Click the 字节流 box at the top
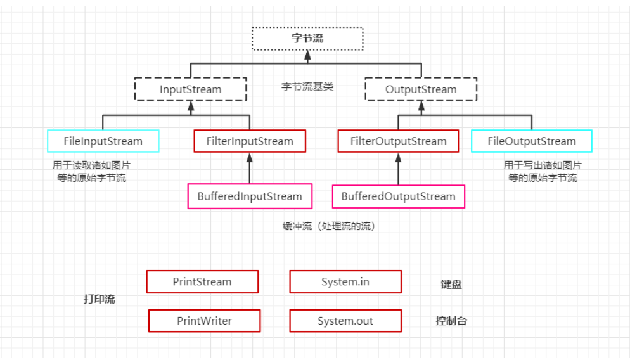point(307,38)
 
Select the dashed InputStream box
point(190,89)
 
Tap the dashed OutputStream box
point(421,89)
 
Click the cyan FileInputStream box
point(103,141)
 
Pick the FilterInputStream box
point(250,141)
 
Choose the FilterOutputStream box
point(398,141)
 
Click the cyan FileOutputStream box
point(532,141)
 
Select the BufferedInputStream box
point(250,196)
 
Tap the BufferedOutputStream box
point(398,196)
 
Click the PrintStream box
point(202,281)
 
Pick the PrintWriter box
point(204,321)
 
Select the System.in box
point(345,281)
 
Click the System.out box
point(345,321)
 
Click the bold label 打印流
point(100,299)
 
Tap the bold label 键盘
point(451,285)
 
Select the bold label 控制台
point(451,321)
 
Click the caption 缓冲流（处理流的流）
point(330,226)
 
